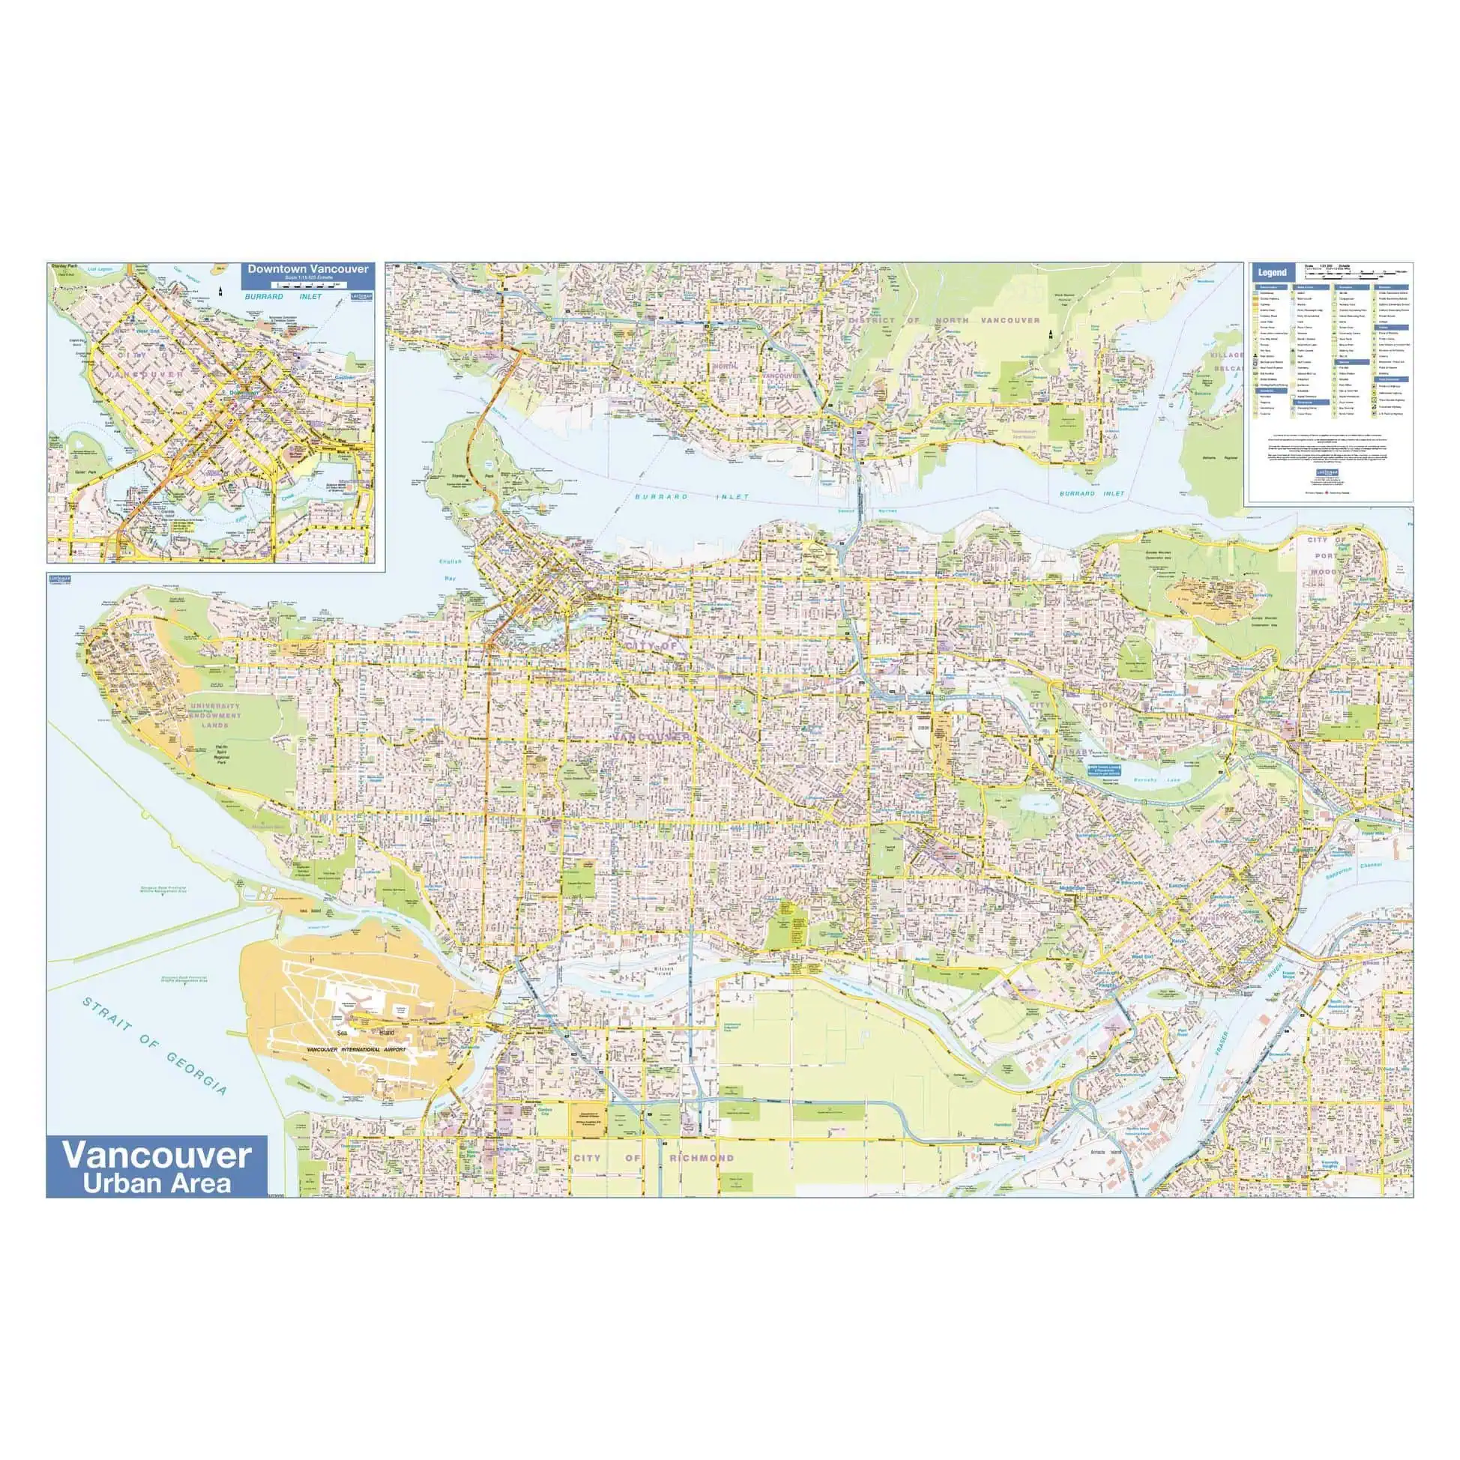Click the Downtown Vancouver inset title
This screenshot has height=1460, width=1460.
(308, 269)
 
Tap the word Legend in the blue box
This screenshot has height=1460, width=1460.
(1272, 273)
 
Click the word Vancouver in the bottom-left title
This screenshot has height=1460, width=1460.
(157, 1156)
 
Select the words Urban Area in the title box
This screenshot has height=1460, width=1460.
(157, 1183)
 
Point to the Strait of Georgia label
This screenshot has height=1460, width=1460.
(154, 1046)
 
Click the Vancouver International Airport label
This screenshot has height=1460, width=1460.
(357, 1050)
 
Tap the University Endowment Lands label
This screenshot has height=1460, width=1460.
(215, 715)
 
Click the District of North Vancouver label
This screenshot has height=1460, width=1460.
(944, 321)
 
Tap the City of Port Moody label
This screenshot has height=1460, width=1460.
(1327, 555)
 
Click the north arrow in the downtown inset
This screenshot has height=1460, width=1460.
(219, 292)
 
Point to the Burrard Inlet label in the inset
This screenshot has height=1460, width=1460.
(283, 297)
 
